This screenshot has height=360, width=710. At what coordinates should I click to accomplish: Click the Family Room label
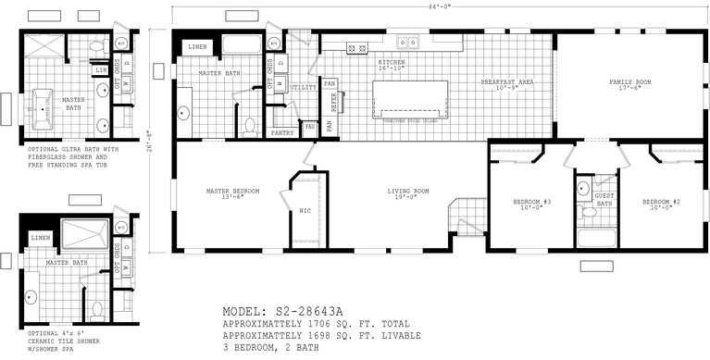(629, 82)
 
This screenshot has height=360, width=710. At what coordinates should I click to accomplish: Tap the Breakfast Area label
(506, 82)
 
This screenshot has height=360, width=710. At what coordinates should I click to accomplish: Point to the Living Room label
(407, 192)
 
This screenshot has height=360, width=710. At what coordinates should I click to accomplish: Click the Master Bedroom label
(232, 192)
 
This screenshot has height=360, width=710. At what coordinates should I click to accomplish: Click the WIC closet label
(305, 210)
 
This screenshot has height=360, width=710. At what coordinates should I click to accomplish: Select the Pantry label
(282, 133)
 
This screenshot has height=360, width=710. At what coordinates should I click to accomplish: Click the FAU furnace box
(310, 126)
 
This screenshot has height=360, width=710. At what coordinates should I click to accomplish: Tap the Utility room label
(303, 87)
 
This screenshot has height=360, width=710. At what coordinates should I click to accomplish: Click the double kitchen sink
(406, 42)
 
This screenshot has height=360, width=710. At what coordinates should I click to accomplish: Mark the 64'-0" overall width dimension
(439, 6)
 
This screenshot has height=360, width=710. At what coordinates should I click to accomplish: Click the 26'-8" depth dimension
(151, 142)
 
